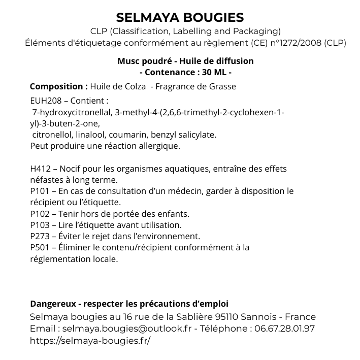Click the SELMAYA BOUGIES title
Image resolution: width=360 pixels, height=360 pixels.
[x=180, y=18]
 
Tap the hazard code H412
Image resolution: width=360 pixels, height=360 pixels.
[x=40, y=169]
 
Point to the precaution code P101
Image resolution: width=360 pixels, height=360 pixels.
[x=40, y=191]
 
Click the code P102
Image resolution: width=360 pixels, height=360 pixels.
[x=40, y=214]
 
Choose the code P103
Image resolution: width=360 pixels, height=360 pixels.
[x=40, y=225]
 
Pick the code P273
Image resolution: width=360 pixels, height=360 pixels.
[x=40, y=236]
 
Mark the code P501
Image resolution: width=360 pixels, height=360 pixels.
[x=40, y=247]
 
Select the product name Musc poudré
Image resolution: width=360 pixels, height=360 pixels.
[x=143, y=61]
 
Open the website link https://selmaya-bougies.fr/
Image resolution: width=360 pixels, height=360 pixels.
[x=90, y=340]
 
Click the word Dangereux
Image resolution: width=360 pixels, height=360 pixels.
[x=52, y=304]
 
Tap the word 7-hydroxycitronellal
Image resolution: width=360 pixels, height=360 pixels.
[x=72, y=112]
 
